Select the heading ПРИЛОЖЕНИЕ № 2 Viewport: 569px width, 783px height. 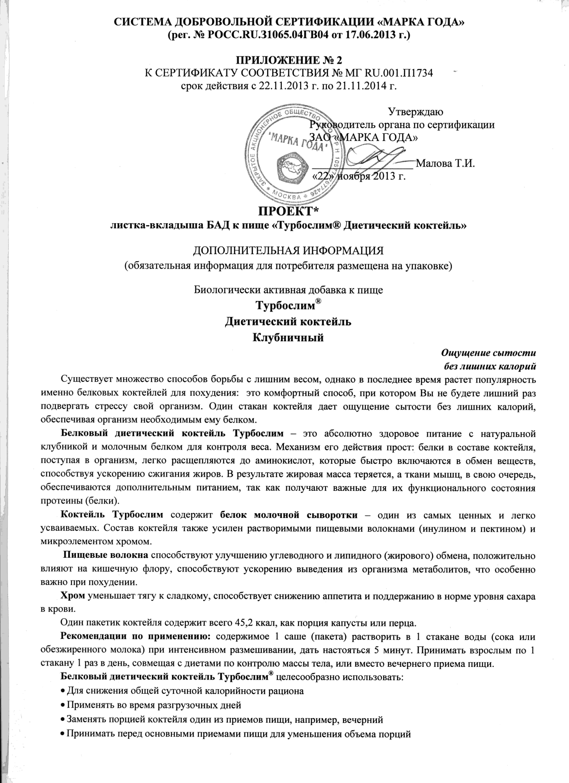pos(288,60)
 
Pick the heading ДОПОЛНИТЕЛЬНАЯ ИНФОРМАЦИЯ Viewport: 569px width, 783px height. pos(288,250)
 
